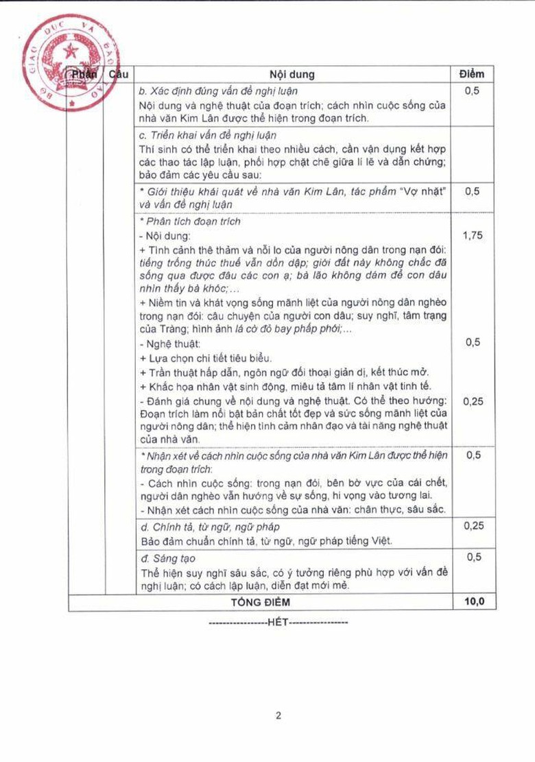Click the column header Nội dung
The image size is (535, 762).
[292, 74]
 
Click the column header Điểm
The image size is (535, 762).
[471, 74]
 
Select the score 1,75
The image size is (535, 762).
[471, 235]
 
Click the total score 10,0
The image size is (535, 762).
[471, 602]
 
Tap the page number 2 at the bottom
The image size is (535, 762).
[278, 716]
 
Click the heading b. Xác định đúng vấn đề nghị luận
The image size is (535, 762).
[217, 91]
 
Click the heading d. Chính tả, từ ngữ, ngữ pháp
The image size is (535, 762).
[204, 527]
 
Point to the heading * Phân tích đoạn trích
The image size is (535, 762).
[189, 222]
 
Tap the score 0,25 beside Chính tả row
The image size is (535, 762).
[471, 526]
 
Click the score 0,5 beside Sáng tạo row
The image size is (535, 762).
[471, 558]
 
